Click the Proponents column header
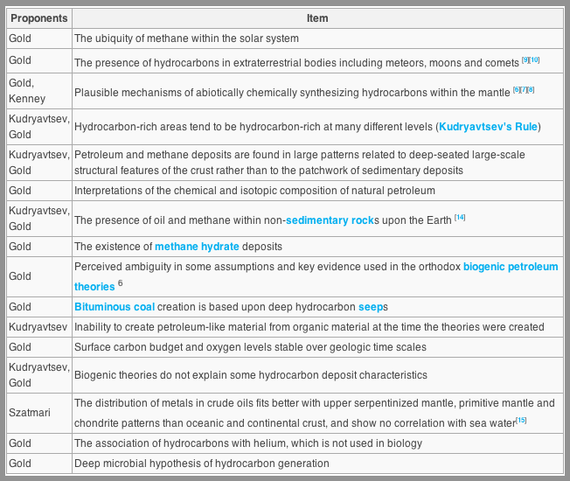pos(38,18)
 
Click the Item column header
pos(317,18)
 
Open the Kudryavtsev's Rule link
pos(489,127)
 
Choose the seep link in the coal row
pos(370,307)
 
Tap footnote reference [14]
pos(460,217)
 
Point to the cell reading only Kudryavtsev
pos(38,327)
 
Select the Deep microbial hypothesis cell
pos(202,464)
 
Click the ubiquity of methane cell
pos(186,38)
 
